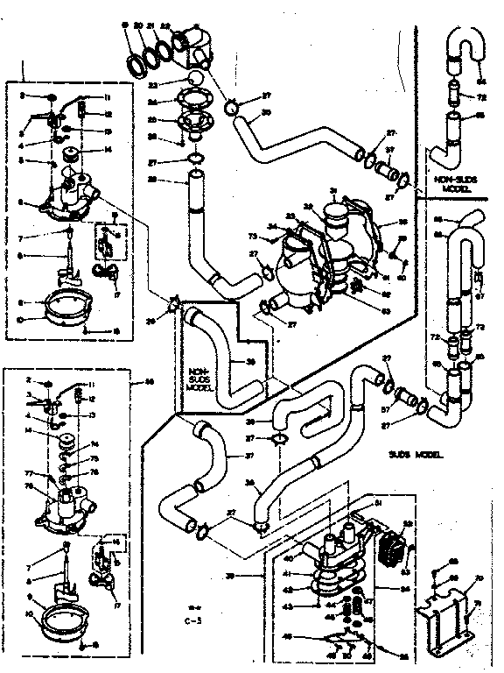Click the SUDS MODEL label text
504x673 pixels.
(x=415, y=456)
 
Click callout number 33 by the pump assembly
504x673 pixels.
(x=290, y=216)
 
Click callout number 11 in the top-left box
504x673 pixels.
(x=108, y=96)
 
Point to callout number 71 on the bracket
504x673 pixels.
(x=478, y=603)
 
